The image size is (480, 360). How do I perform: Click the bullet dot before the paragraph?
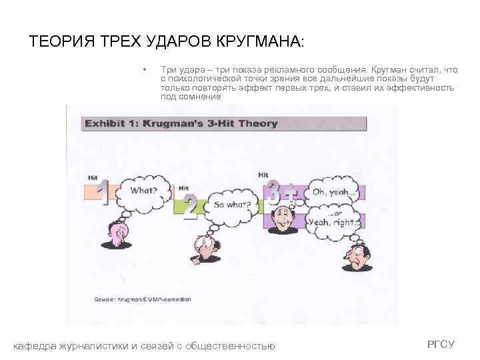(x=144, y=69)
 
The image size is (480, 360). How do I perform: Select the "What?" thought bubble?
(x=143, y=190)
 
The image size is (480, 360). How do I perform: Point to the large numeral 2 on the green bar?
(x=190, y=208)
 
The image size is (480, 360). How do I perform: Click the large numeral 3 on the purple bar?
(x=273, y=191)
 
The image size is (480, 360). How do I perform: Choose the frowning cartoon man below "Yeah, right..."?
(x=355, y=256)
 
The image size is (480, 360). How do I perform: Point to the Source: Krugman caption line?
(x=143, y=299)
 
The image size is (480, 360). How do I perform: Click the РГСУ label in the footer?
(x=441, y=344)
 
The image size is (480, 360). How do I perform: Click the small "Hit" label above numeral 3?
(x=264, y=175)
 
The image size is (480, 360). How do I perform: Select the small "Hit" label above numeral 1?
(x=93, y=177)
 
